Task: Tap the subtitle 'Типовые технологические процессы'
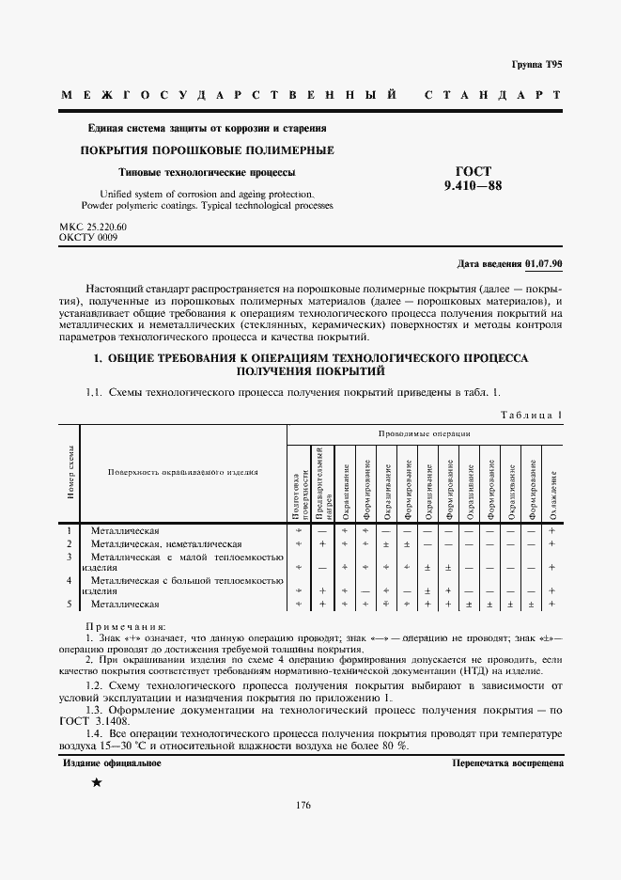click(x=207, y=172)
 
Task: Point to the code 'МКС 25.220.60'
click(x=93, y=228)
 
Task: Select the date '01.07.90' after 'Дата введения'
click(x=545, y=264)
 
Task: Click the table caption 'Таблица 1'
click(x=531, y=414)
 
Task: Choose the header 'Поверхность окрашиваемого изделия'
click(x=182, y=473)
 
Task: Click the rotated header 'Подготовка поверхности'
click(x=298, y=495)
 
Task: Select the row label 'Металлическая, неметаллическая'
click(x=166, y=543)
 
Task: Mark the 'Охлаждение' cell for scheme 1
click(x=552, y=531)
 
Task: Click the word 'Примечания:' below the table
click(x=126, y=625)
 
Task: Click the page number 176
click(x=303, y=805)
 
